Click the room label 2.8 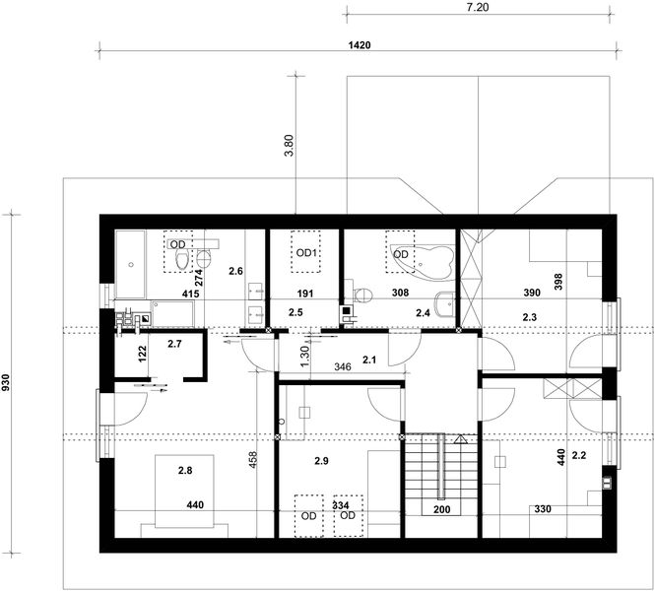coord(185,472)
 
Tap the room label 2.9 coord(322,461)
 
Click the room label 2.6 coord(234,271)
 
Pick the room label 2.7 coord(174,344)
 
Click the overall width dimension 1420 coord(360,45)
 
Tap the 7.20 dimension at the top coord(477,6)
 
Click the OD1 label coord(306,253)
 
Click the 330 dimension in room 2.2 coord(543,509)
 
